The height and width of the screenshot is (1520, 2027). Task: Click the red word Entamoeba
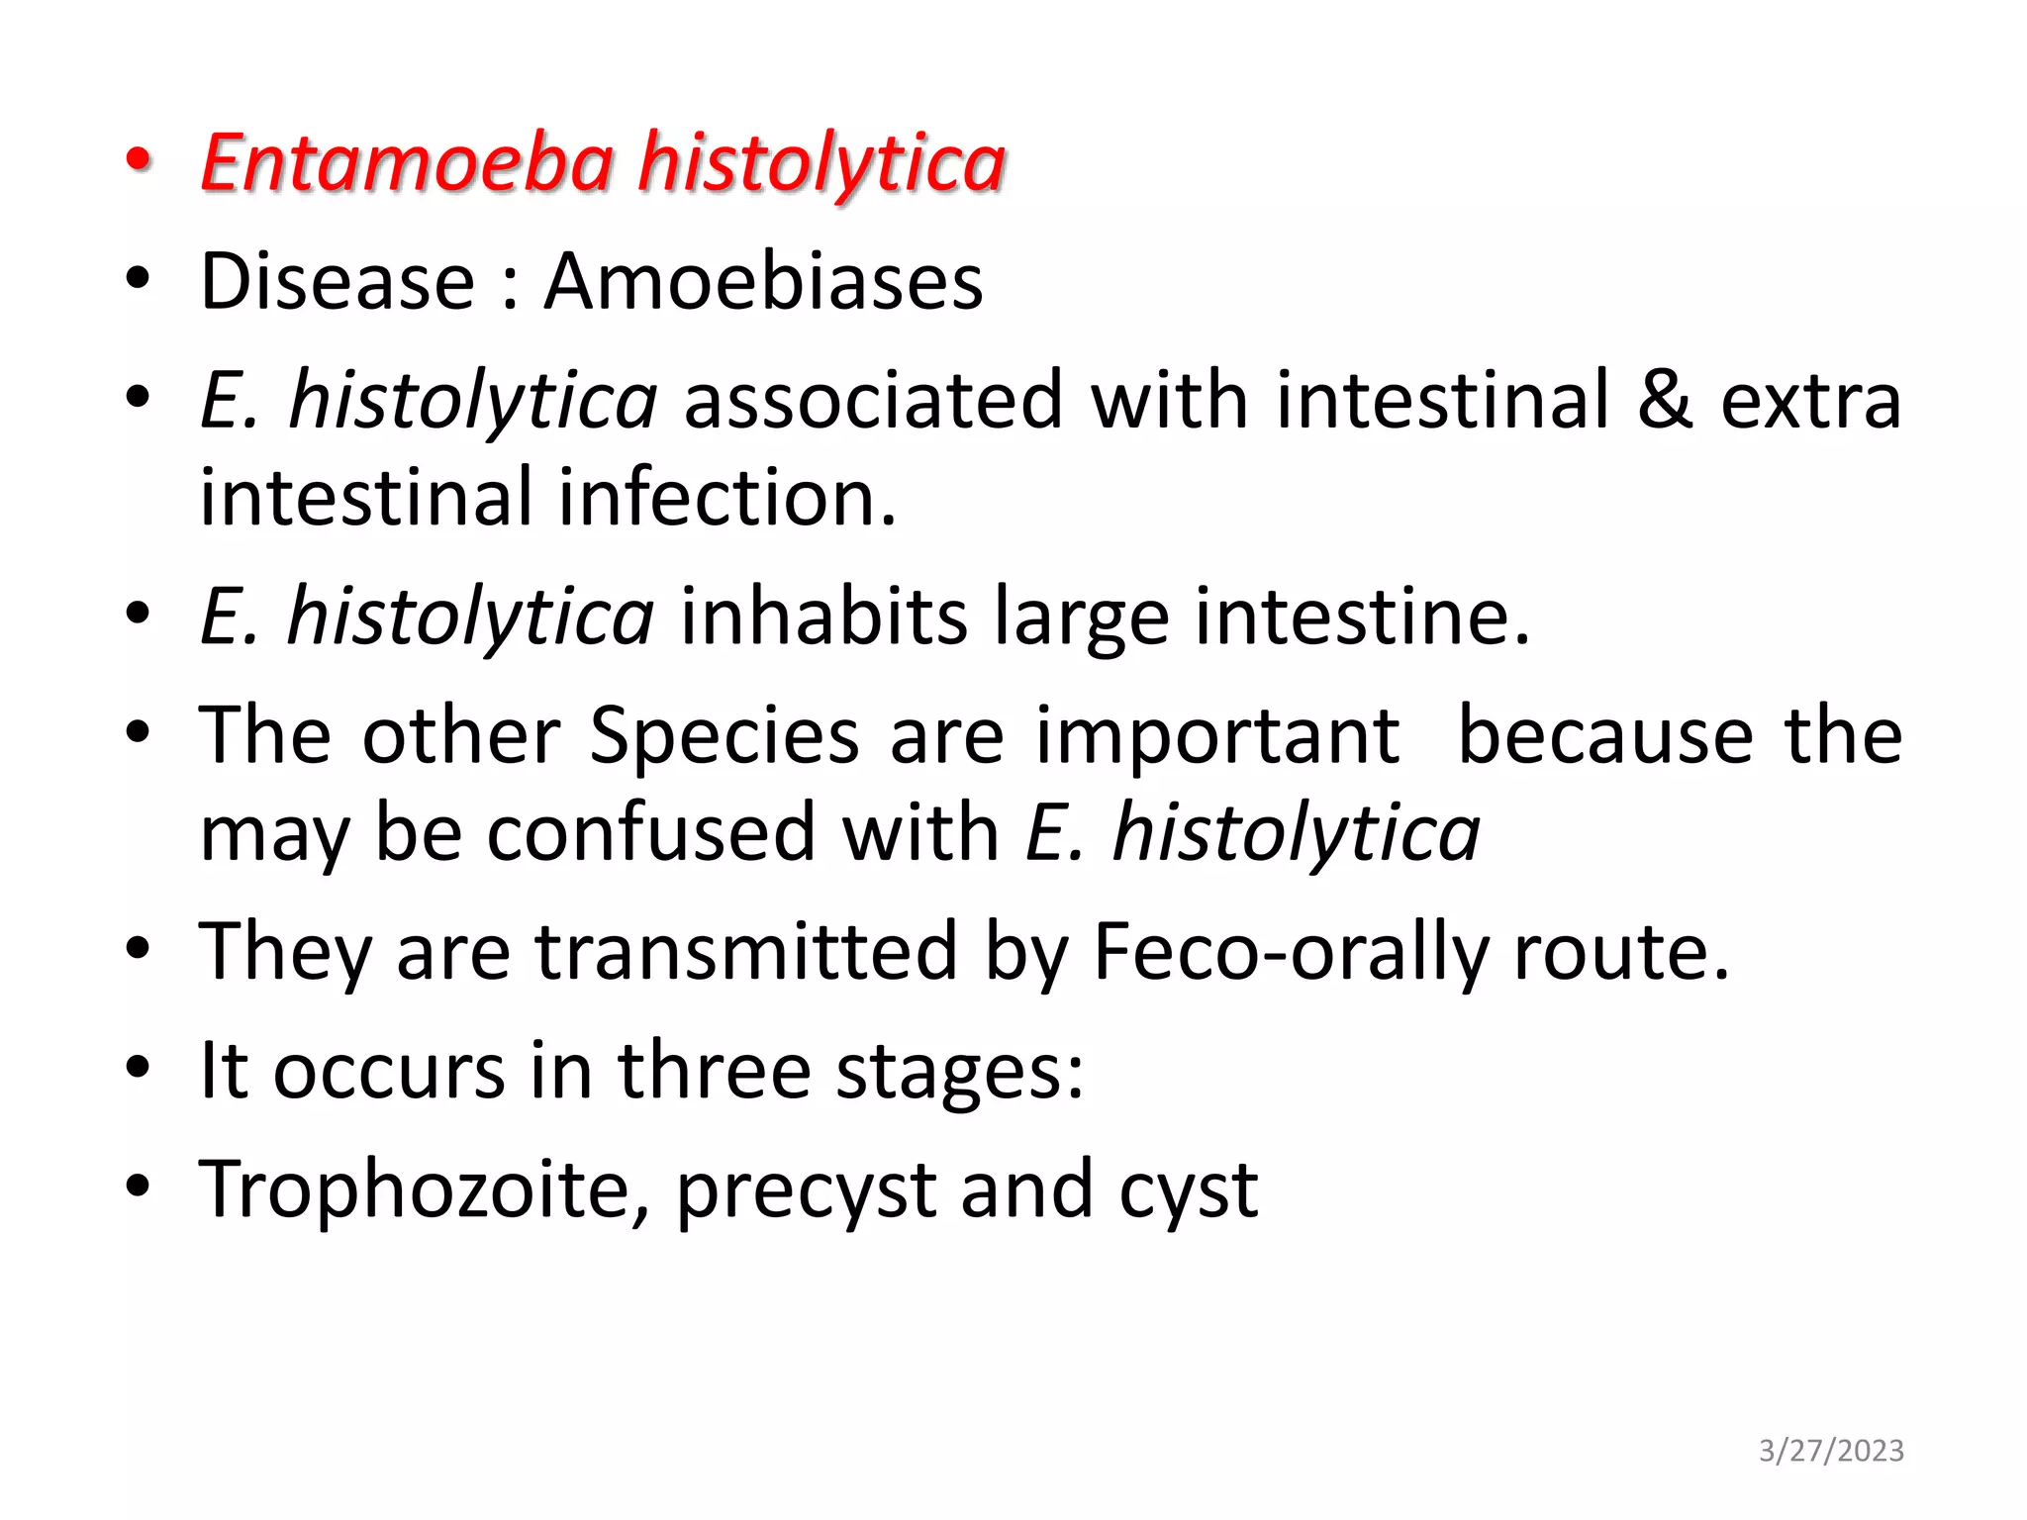coord(408,163)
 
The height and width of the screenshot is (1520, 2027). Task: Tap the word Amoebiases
coord(763,282)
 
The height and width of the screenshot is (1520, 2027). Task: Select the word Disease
coord(338,282)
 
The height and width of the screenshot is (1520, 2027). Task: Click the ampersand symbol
coord(1665,401)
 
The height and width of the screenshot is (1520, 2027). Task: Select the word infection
coord(727,498)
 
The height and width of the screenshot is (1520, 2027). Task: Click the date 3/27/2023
coord(1831,1451)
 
